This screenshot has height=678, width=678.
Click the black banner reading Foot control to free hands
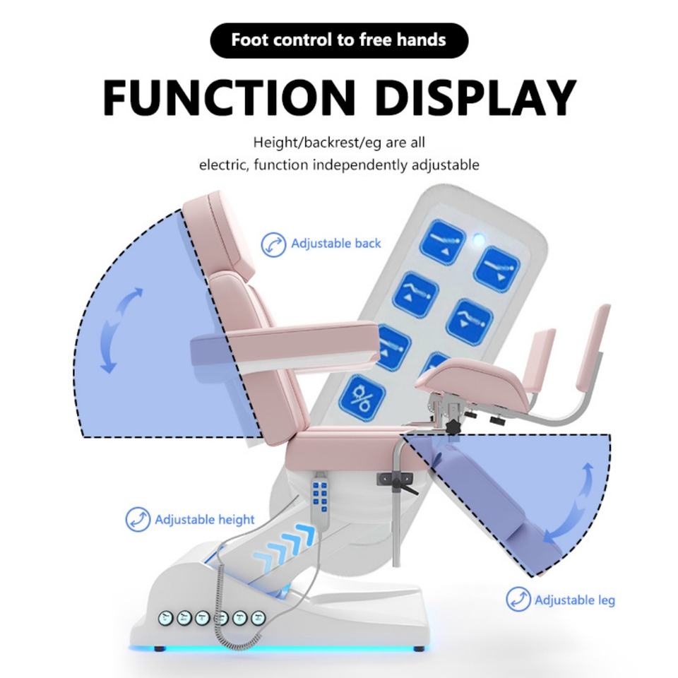tap(338, 39)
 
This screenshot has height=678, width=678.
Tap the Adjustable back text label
tap(335, 244)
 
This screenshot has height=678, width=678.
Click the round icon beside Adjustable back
tap(273, 244)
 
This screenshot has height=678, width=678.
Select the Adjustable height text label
tap(204, 520)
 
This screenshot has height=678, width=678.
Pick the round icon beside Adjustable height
tap(138, 520)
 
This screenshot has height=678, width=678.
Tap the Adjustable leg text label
tap(574, 600)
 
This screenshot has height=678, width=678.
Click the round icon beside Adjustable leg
tap(518, 600)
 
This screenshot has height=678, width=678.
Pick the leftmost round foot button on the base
tap(167, 617)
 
